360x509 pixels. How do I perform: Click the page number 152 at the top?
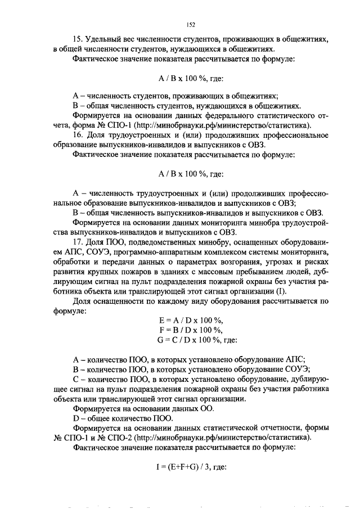click(191, 25)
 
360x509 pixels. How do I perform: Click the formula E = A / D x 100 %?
click(191, 320)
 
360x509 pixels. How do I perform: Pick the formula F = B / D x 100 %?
click(191, 330)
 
